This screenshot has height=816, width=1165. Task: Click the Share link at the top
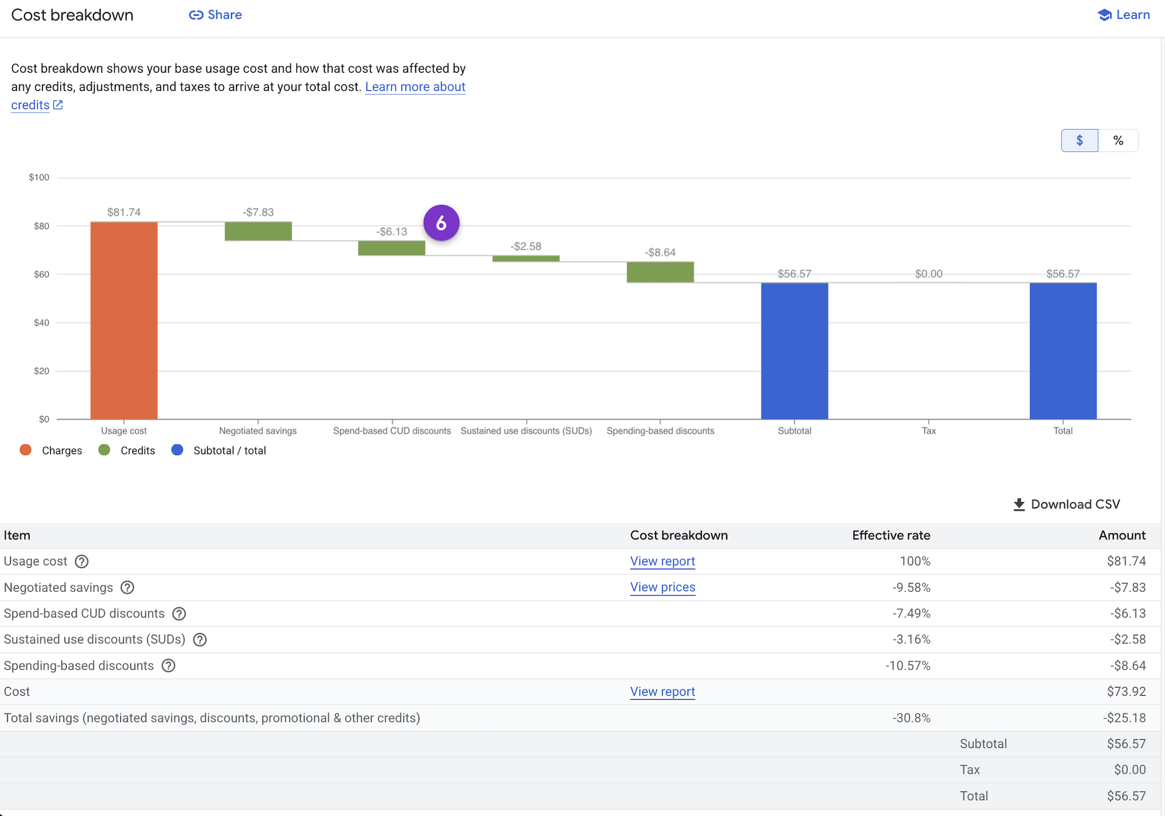coord(215,15)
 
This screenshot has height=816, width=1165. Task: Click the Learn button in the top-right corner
coord(1124,15)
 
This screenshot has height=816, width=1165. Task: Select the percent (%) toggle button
coord(1118,140)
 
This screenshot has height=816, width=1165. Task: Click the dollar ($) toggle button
coord(1079,140)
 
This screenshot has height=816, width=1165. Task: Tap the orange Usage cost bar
coord(124,320)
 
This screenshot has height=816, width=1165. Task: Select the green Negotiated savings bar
coord(258,231)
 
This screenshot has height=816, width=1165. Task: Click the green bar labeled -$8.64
coord(660,272)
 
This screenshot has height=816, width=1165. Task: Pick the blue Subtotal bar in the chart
coord(794,351)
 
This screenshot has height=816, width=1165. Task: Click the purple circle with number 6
coord(441,223)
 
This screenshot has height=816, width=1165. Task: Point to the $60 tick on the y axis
coord(41,274)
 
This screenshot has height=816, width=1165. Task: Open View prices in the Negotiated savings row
coord(662,587)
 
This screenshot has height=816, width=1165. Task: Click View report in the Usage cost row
coord(662,561)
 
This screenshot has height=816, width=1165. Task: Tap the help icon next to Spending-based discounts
coord(168,665)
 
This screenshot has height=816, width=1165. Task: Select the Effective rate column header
coord(891,535)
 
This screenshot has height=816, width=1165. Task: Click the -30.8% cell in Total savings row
coord(911,718)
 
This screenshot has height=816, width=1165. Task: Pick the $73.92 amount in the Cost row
coord(1126,692)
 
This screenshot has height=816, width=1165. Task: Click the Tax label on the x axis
coord(929,431)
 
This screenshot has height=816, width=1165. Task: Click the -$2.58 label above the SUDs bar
coord(526,246)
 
